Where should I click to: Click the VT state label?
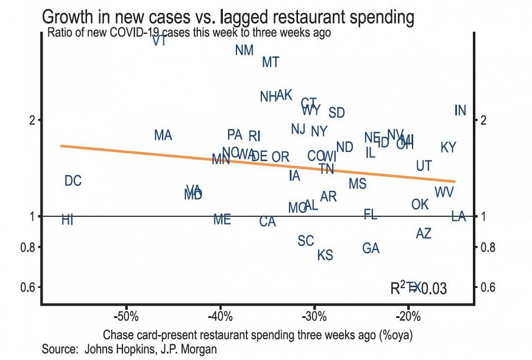point(158,41)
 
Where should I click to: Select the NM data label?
point(244,50)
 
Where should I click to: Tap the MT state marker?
point(270,62)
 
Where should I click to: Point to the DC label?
point(73,181)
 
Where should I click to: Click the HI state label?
point(67,220)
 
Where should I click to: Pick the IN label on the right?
point(460,111)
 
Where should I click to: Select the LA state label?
point(459,216)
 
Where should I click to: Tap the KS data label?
point(325,255)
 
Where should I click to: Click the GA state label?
point(371,248)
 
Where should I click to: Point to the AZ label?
point(423,233)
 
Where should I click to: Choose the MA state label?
point(163,135)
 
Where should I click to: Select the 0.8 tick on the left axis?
point(28,247)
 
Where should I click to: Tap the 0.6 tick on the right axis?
point(486,288)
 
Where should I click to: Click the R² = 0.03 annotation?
point(418,288)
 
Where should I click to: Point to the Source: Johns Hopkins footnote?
point(129,349)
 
